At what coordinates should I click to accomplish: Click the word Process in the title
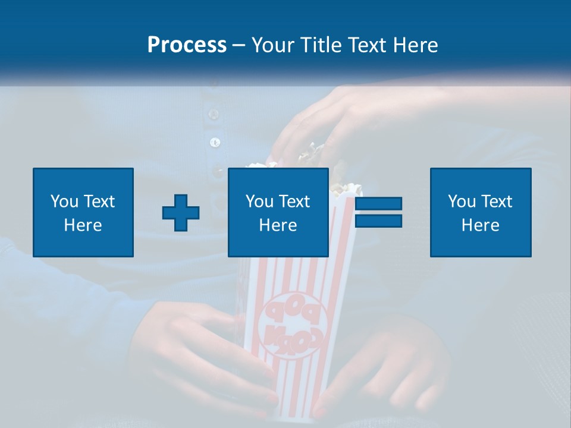187,45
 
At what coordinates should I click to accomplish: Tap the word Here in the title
415,45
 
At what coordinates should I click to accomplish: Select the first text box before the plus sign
83,212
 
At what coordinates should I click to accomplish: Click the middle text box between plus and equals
278,212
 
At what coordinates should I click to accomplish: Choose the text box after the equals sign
480,212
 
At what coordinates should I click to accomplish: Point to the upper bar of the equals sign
378,204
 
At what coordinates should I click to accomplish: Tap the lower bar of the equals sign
378,221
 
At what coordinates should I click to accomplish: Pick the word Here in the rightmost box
480,225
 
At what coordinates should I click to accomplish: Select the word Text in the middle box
294,201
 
